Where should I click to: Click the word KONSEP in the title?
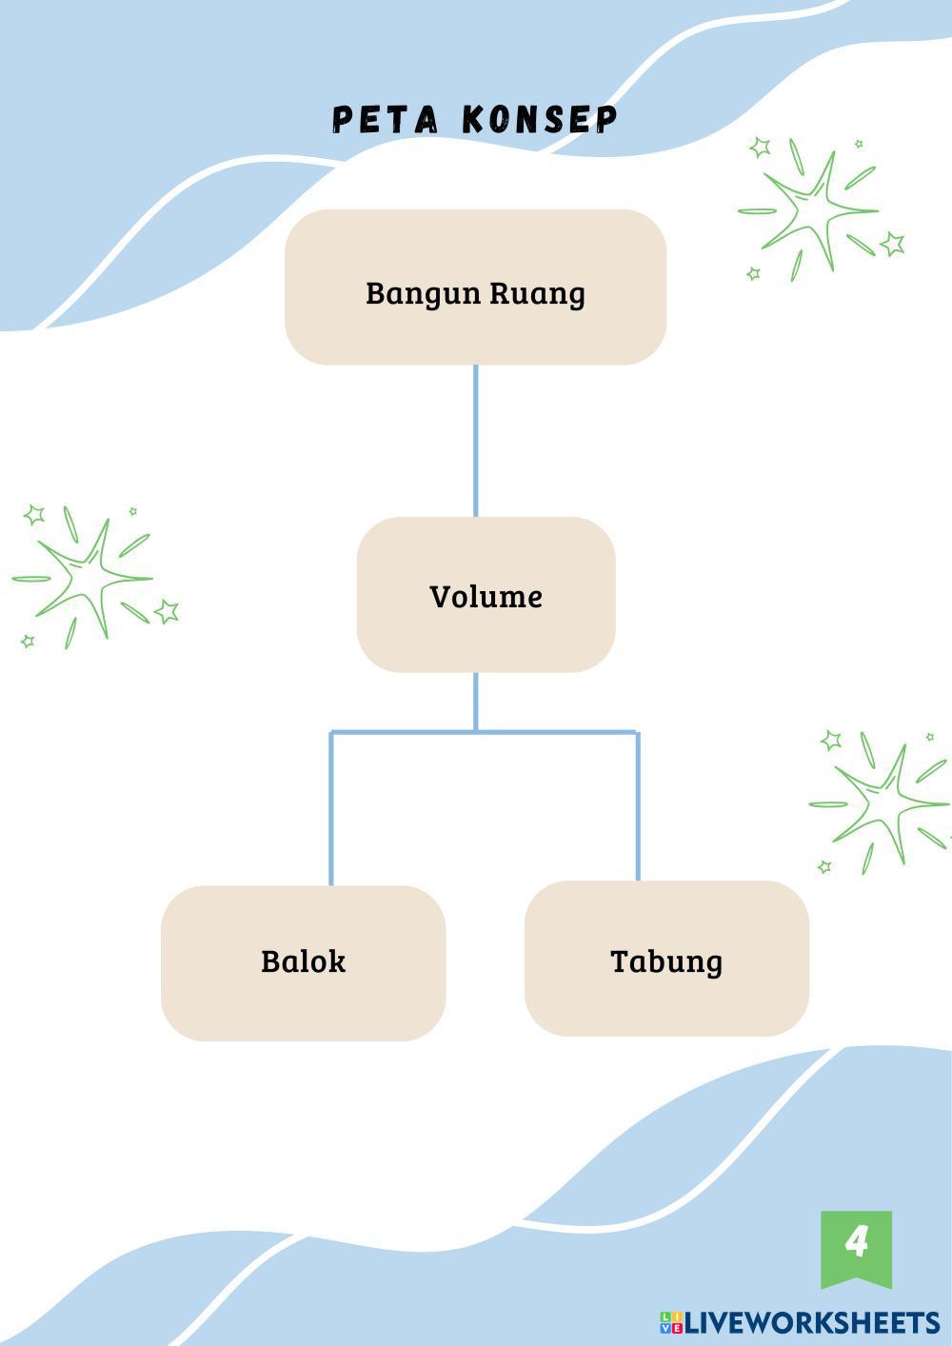(x=540, y=120)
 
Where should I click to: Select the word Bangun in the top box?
(x=424, y=293)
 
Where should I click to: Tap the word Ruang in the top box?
(x=537, y=293)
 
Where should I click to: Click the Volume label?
(x=486, y=597)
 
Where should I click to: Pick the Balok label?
(x=303, y=961)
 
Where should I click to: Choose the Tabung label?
(x=666, y=961)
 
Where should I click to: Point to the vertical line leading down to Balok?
(x=330, y=809)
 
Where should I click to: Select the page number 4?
(x=857, y=1241)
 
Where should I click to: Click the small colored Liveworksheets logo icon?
(x=671, y=1322)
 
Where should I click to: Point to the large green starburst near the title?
(x=812, y=209)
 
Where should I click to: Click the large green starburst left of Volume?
(x=86, y=577)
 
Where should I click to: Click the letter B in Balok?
(x=270, y=961)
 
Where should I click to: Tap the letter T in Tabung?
(x=619, y=961)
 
